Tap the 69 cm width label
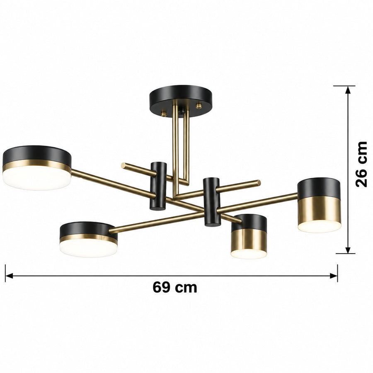click(175, 287)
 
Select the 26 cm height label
click(361, 164)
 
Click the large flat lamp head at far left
click(37, 168)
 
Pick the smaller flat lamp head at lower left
click(89, 240)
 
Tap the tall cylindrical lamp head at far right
click(319, 205)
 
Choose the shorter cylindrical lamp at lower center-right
click(249, 236)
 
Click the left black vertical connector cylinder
click(158, 186)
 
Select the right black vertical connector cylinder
click(212, 202)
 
